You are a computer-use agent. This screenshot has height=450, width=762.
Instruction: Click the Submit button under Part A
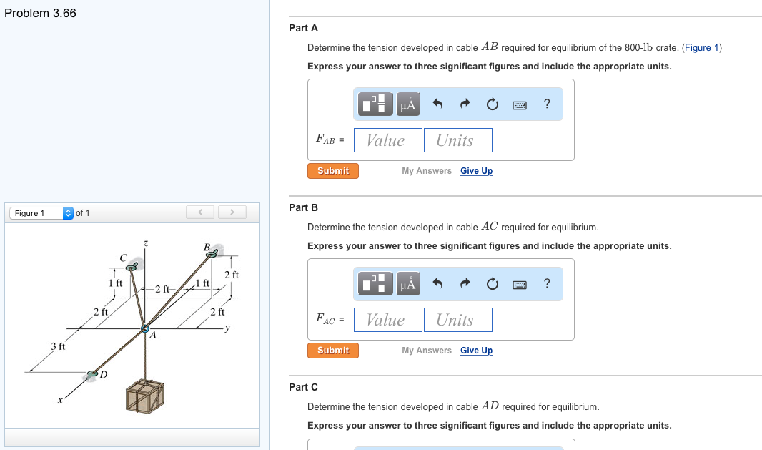click(333, 171)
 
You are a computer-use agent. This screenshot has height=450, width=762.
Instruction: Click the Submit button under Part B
click(333, 351)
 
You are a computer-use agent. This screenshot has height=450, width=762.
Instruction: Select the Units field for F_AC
click(457, 320)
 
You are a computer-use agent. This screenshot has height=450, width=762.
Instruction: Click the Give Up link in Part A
click(476, 171)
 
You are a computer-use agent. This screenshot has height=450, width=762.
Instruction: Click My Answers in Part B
click(427, 351)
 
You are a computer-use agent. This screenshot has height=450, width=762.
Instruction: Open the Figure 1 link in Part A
click(702, 48)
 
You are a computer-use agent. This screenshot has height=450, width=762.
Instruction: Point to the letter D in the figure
click(104, 375)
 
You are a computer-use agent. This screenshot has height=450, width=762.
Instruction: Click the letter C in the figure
click(123, 257)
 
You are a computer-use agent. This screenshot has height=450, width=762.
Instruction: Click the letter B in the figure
click(207, 248)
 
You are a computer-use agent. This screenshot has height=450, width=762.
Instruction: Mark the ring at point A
click(145, 328)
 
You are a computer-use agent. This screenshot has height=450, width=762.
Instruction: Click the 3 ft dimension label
click(59, 347)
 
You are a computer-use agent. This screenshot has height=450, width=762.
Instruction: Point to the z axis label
click(145, 244)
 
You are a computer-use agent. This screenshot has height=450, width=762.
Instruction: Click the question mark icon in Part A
click(547, 104)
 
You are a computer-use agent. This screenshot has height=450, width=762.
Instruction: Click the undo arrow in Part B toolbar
click(438, 284)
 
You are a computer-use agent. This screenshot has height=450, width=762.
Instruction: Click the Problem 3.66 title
click(40, 14)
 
